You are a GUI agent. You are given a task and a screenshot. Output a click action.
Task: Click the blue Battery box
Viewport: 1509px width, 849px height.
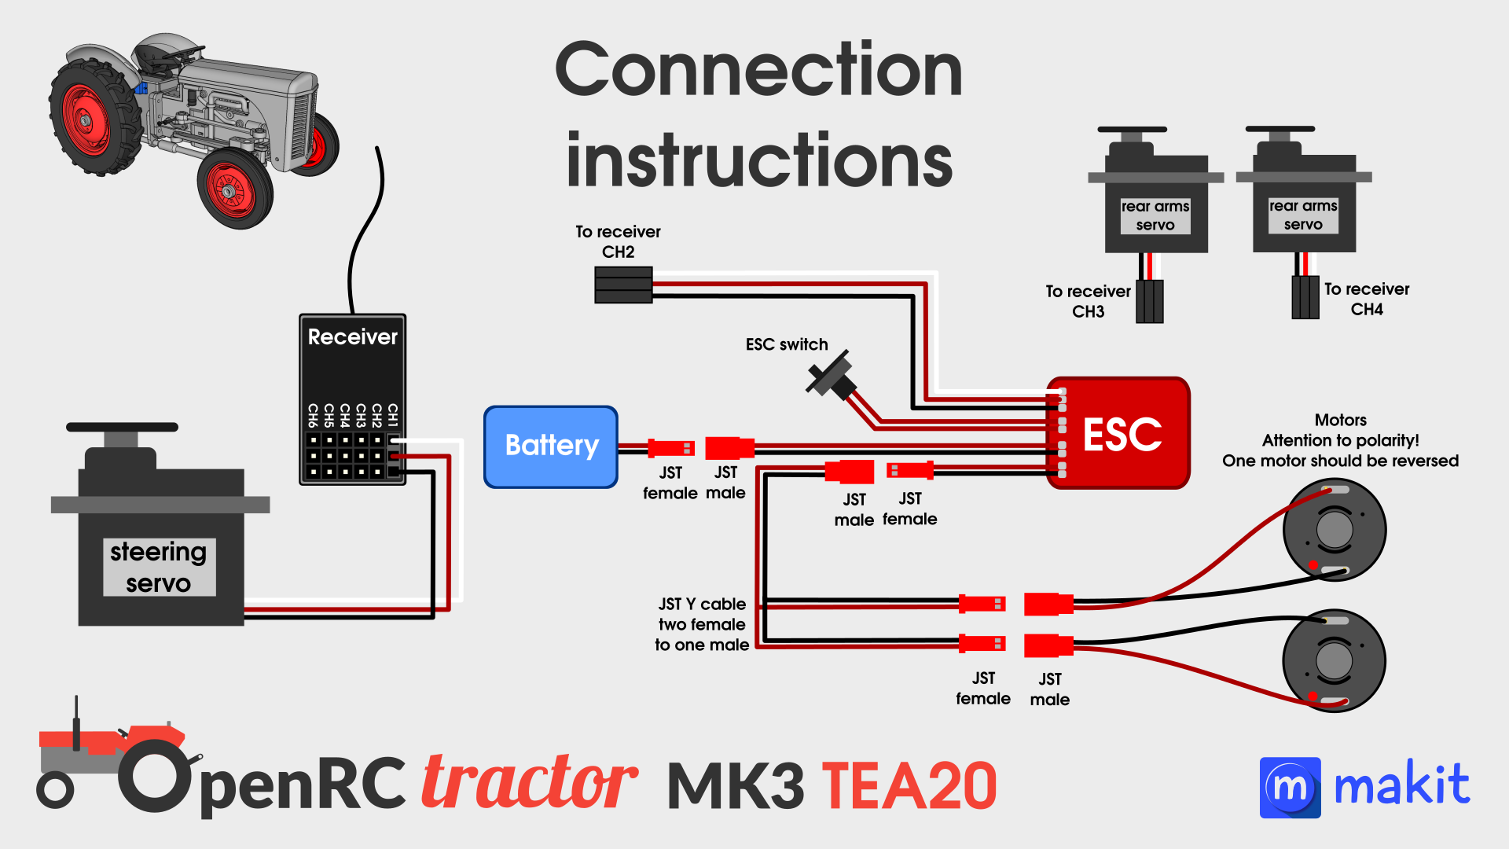point(551,447)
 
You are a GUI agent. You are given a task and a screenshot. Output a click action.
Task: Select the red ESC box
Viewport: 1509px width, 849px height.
point(1118,433)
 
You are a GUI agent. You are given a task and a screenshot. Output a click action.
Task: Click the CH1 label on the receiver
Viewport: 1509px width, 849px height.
point(393,414)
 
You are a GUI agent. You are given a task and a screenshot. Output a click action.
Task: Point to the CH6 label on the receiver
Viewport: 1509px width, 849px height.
point(313,414)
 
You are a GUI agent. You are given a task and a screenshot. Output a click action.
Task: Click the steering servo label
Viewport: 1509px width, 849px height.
point(159,567)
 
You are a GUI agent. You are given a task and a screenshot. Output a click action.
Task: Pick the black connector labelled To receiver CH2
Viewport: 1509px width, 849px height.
point(623,285)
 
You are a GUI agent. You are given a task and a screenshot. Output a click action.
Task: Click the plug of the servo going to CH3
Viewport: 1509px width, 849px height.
point(1149,301)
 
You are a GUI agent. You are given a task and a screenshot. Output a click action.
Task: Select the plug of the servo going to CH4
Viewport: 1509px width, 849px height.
point(1305,297)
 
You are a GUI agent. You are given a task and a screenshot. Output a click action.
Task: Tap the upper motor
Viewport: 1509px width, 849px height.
point(1334,530)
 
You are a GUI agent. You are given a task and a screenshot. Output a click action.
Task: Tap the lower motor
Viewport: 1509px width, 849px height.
point(1333,660)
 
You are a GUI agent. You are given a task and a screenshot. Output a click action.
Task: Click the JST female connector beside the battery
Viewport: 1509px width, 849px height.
point(671,448)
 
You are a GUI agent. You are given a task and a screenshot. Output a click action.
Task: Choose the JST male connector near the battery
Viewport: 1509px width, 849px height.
point(729,448)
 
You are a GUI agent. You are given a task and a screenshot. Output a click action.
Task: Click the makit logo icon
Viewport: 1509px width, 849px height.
point(1290,788)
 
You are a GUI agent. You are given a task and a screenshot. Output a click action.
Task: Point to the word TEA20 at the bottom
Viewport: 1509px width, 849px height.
point(909,786)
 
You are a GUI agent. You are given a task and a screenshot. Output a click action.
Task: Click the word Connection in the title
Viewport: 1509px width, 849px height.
point(758,71)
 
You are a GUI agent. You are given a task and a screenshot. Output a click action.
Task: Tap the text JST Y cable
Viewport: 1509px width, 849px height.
point(702,604)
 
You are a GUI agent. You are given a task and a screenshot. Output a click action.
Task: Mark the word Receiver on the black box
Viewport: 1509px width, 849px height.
point(352,337)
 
